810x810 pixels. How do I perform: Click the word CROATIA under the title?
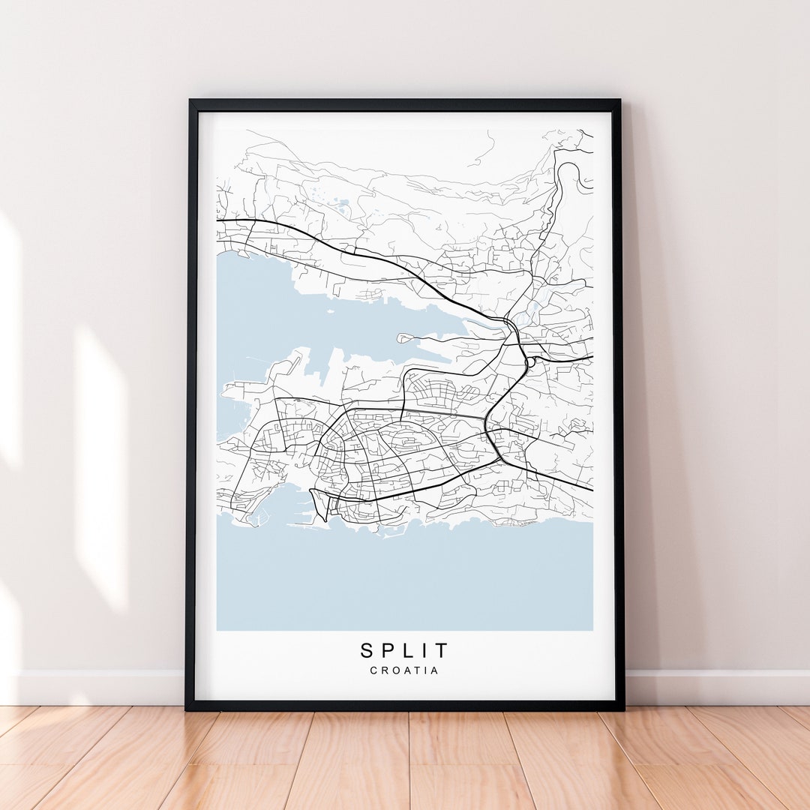(x=404, y=670)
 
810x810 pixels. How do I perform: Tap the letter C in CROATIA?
(x=373, y=670)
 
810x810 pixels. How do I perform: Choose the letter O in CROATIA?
(x=394, y=670)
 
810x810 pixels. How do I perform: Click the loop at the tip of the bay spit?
(x=402, y=338)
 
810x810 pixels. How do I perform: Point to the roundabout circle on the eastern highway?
(x=531, y=362)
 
